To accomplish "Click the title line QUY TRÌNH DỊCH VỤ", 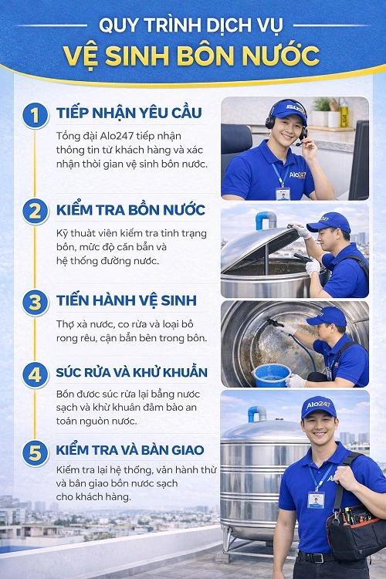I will coord(192,23).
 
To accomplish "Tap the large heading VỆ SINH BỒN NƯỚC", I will coord(192,56).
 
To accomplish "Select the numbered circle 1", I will coord(34,117).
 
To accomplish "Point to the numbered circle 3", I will coord(34,301).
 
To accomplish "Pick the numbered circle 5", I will coord(34,450).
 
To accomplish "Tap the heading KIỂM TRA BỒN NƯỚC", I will coord(130,209).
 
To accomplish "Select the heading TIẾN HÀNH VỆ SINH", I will coord(126,300).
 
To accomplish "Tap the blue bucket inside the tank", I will coord(272,374).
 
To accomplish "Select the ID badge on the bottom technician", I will coord(316,499).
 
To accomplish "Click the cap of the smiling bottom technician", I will coord(317,407).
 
